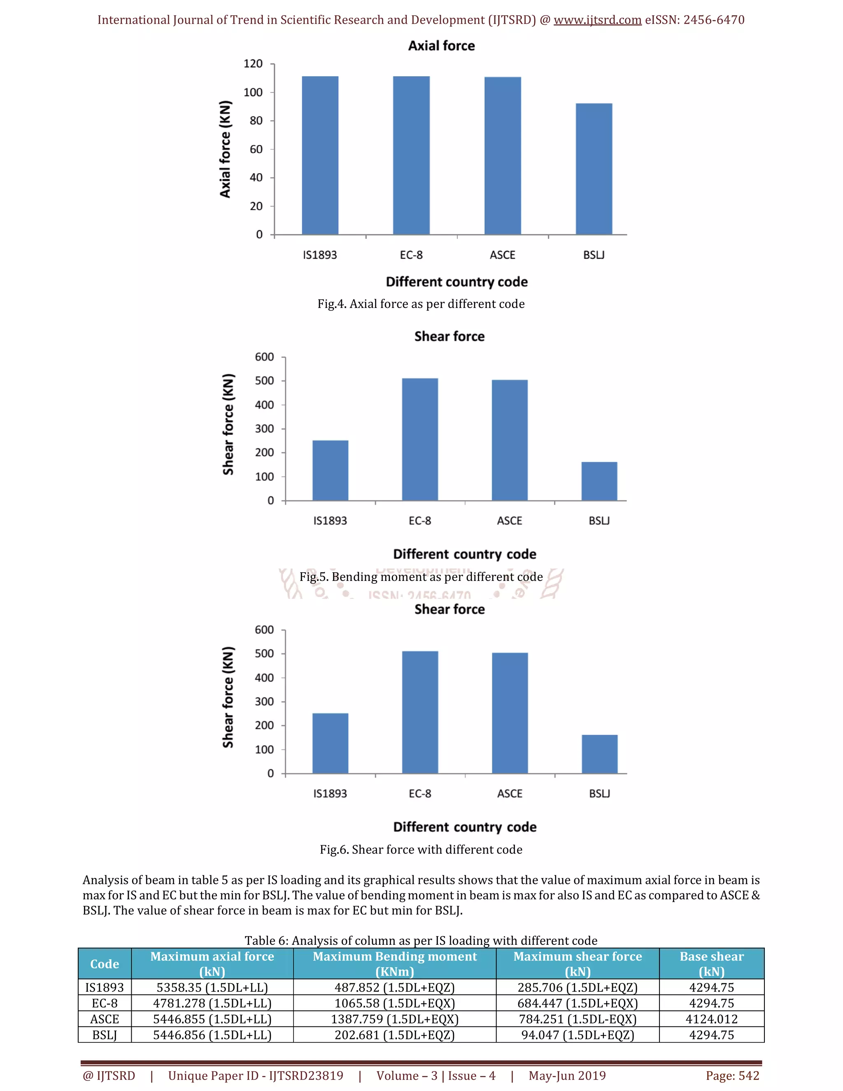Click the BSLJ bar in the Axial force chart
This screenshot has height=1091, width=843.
click(x=594, y=169)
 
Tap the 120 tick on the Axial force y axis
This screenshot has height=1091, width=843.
click(x=253, y=64)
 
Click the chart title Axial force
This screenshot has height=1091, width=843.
click(x=442, y=46)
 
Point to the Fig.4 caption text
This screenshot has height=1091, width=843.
click(x=421, y=304)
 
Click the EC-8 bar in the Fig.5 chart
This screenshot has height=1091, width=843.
click(x=420, y=440)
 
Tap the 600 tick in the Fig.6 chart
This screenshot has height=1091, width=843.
click(x=264, y=630)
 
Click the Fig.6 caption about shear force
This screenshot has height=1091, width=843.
click(x=421, y=849)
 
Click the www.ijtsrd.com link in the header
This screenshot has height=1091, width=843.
click(x=597, y=20)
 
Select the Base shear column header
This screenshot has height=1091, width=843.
click(x=712, y=964)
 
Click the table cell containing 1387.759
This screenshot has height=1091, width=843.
click(x=394, y=1019)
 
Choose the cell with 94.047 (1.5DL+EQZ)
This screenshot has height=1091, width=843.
click(x=578, y=1035)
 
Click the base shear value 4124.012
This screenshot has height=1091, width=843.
click(x=712, y=1019)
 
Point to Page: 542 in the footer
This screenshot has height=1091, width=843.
click(x=732, y=1075)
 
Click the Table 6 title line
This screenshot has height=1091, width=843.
click(x=421, y=941)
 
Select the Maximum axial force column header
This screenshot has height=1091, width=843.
click(x=212, y=964)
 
